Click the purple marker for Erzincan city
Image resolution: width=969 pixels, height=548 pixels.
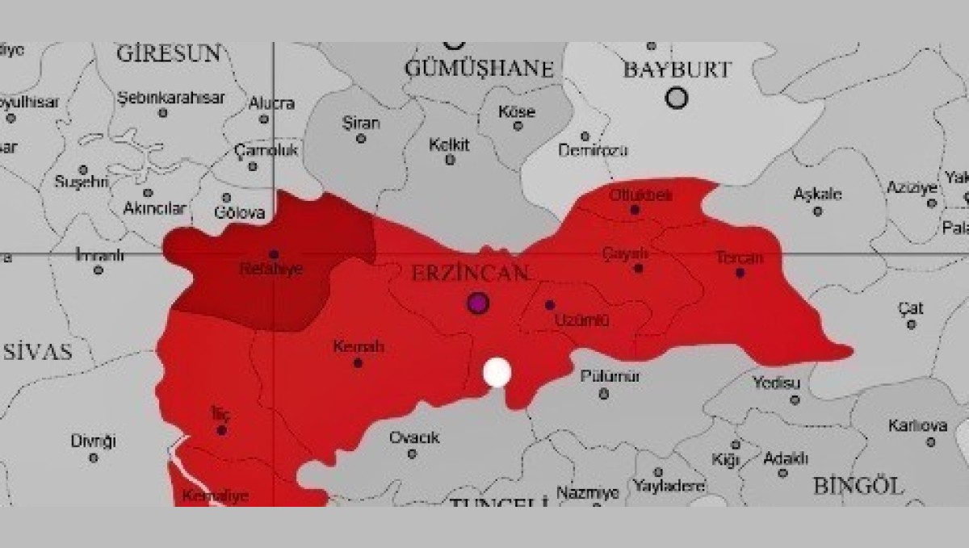(x=478, y=303)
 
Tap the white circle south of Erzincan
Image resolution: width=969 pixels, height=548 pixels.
(x=497, y=373)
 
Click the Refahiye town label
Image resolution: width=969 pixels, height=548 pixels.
(x=271, y=270)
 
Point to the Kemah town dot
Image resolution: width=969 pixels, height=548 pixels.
(x=358, y=363)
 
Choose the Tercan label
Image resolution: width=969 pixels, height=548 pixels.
(x=739, y=257)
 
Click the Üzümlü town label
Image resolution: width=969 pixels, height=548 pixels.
(x=581, y=320)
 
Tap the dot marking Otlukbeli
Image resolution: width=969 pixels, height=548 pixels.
(x=635, y=210)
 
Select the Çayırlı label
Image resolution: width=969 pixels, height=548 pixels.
(x=626, y=253)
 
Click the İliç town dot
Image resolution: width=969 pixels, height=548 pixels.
(x=221, y=430)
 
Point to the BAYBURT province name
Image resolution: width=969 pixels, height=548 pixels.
(x=677, y=69)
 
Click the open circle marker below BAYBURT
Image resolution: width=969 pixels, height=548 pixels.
(x=677, y=98)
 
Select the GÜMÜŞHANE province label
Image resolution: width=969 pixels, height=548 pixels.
(x=479, y=69)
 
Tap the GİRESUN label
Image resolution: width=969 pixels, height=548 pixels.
(x=168, y=54)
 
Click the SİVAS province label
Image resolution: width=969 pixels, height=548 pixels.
(x=38, y=352)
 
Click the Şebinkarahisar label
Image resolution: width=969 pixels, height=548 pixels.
(x=171, y=98)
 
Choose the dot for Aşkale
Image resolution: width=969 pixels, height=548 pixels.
(x=817, y=211)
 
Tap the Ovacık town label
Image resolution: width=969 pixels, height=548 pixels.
(x=414, y=437)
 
